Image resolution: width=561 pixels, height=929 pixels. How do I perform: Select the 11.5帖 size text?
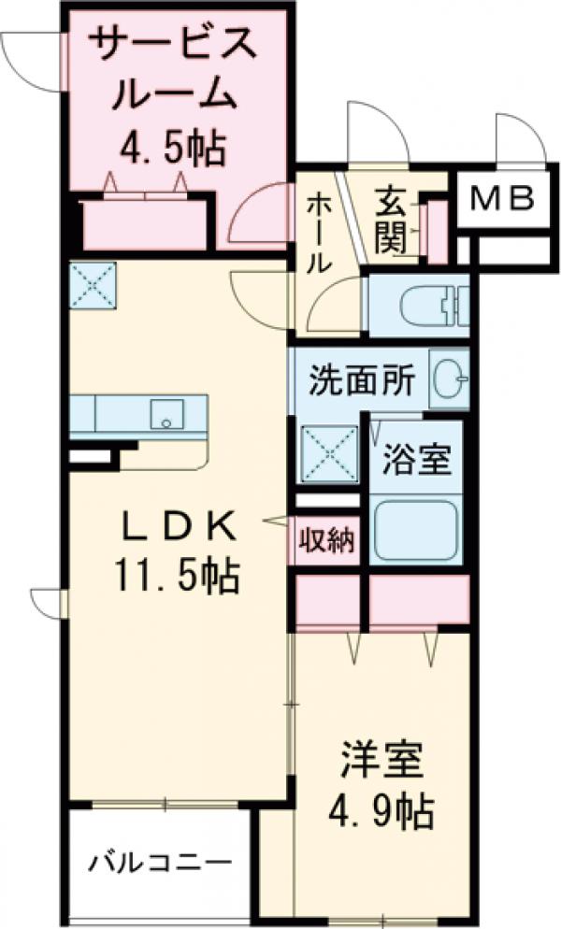(x=177, y=577)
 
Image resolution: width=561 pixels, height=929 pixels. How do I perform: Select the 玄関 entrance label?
(x=390, y=222)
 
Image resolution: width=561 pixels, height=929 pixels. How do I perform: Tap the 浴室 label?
(x=418, y=461)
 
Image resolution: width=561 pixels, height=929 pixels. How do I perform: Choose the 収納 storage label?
(x=326, y=541)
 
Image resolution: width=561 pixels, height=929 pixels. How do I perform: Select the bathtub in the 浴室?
(x=415, y=528)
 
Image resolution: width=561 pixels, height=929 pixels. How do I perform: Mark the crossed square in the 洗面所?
(x=329, y=453)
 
